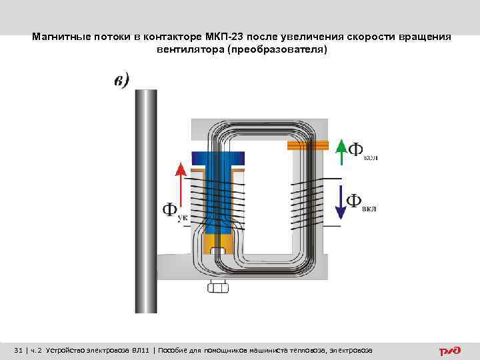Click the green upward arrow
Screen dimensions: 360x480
pos(341,151)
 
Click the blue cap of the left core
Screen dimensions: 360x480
pos(218,158)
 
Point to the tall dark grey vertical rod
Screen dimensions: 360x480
pos(146,200)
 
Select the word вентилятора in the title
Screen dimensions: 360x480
pos(189,50)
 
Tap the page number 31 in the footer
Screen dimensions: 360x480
pos(19,351)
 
